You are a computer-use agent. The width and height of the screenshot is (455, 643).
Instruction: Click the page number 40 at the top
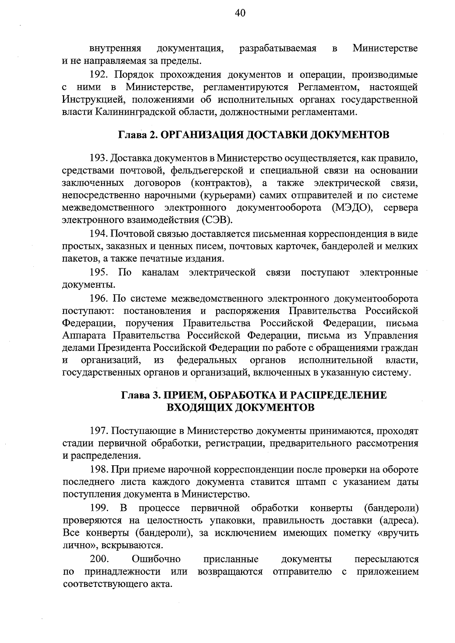(240, 13)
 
